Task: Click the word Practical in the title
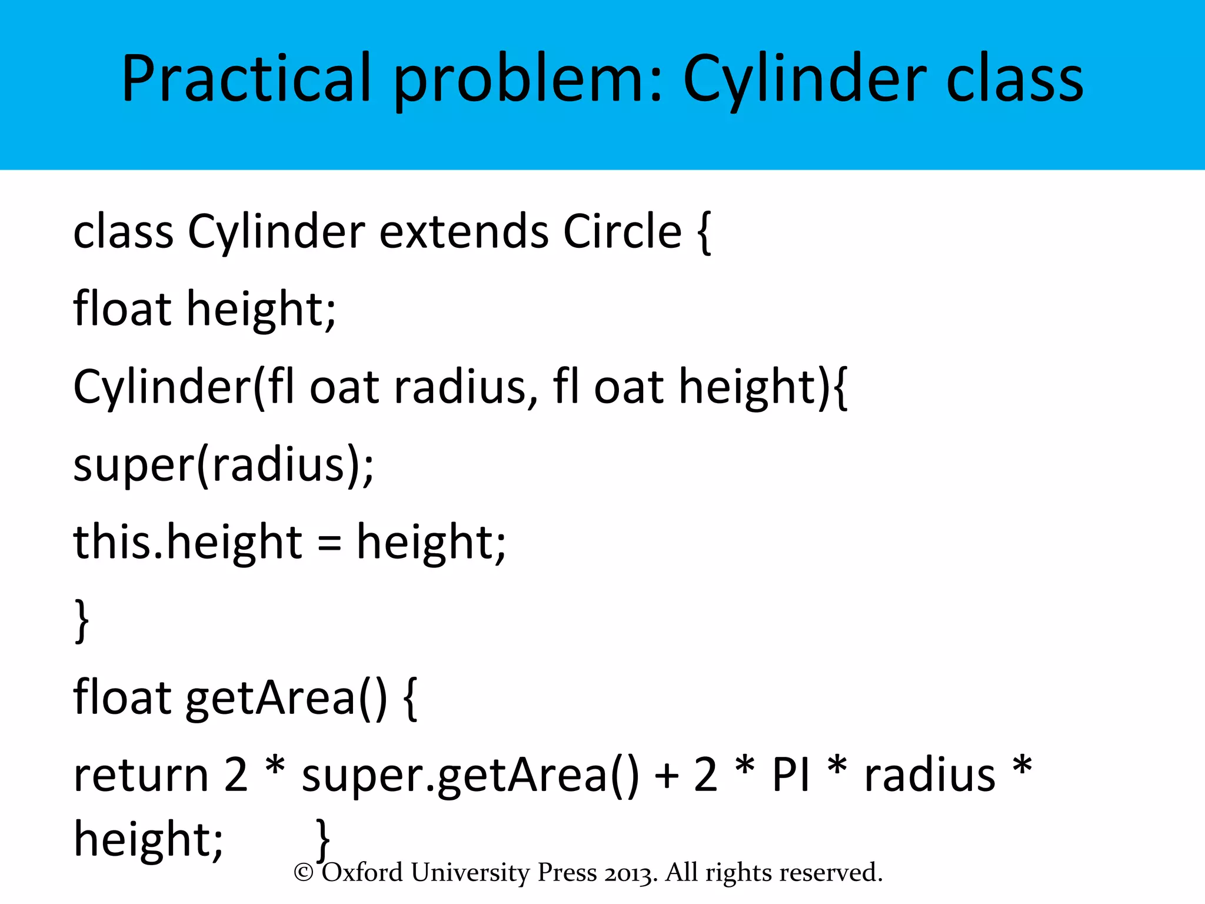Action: (x=247, y=79)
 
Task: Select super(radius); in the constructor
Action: (x=224, y=465)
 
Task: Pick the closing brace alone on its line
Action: (x=82, y=621)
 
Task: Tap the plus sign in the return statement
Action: (x=667, y=776)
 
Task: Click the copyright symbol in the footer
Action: (x=304, y=873)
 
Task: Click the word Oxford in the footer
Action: (x=362, y=872)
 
